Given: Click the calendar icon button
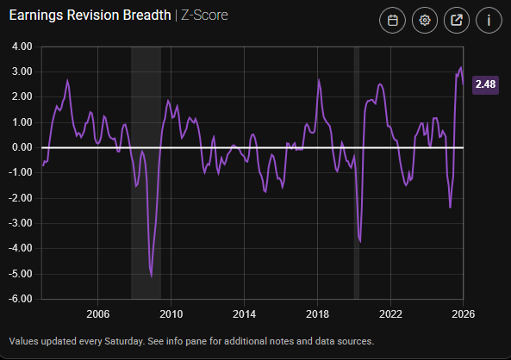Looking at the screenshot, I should tap(392, 21).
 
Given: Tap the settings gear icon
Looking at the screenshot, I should tap(424, 21).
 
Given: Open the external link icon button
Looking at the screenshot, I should tap(456, 21).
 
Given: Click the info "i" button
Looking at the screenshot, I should tap(488, 21).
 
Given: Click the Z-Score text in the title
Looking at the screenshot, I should tap(204, 16).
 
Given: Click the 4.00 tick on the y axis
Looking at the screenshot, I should tap(20, 47).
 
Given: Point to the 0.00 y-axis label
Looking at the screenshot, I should tap(20, 147).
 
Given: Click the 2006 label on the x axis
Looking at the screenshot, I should tap(97, 313).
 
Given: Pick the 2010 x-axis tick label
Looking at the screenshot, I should tap(171, 313).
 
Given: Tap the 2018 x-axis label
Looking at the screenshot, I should tap(318, 313).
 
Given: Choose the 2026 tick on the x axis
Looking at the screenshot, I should tap(463, 313).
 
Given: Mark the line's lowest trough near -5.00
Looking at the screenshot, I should tap(152, 276).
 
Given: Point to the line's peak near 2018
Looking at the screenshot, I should tap(319, 80).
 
